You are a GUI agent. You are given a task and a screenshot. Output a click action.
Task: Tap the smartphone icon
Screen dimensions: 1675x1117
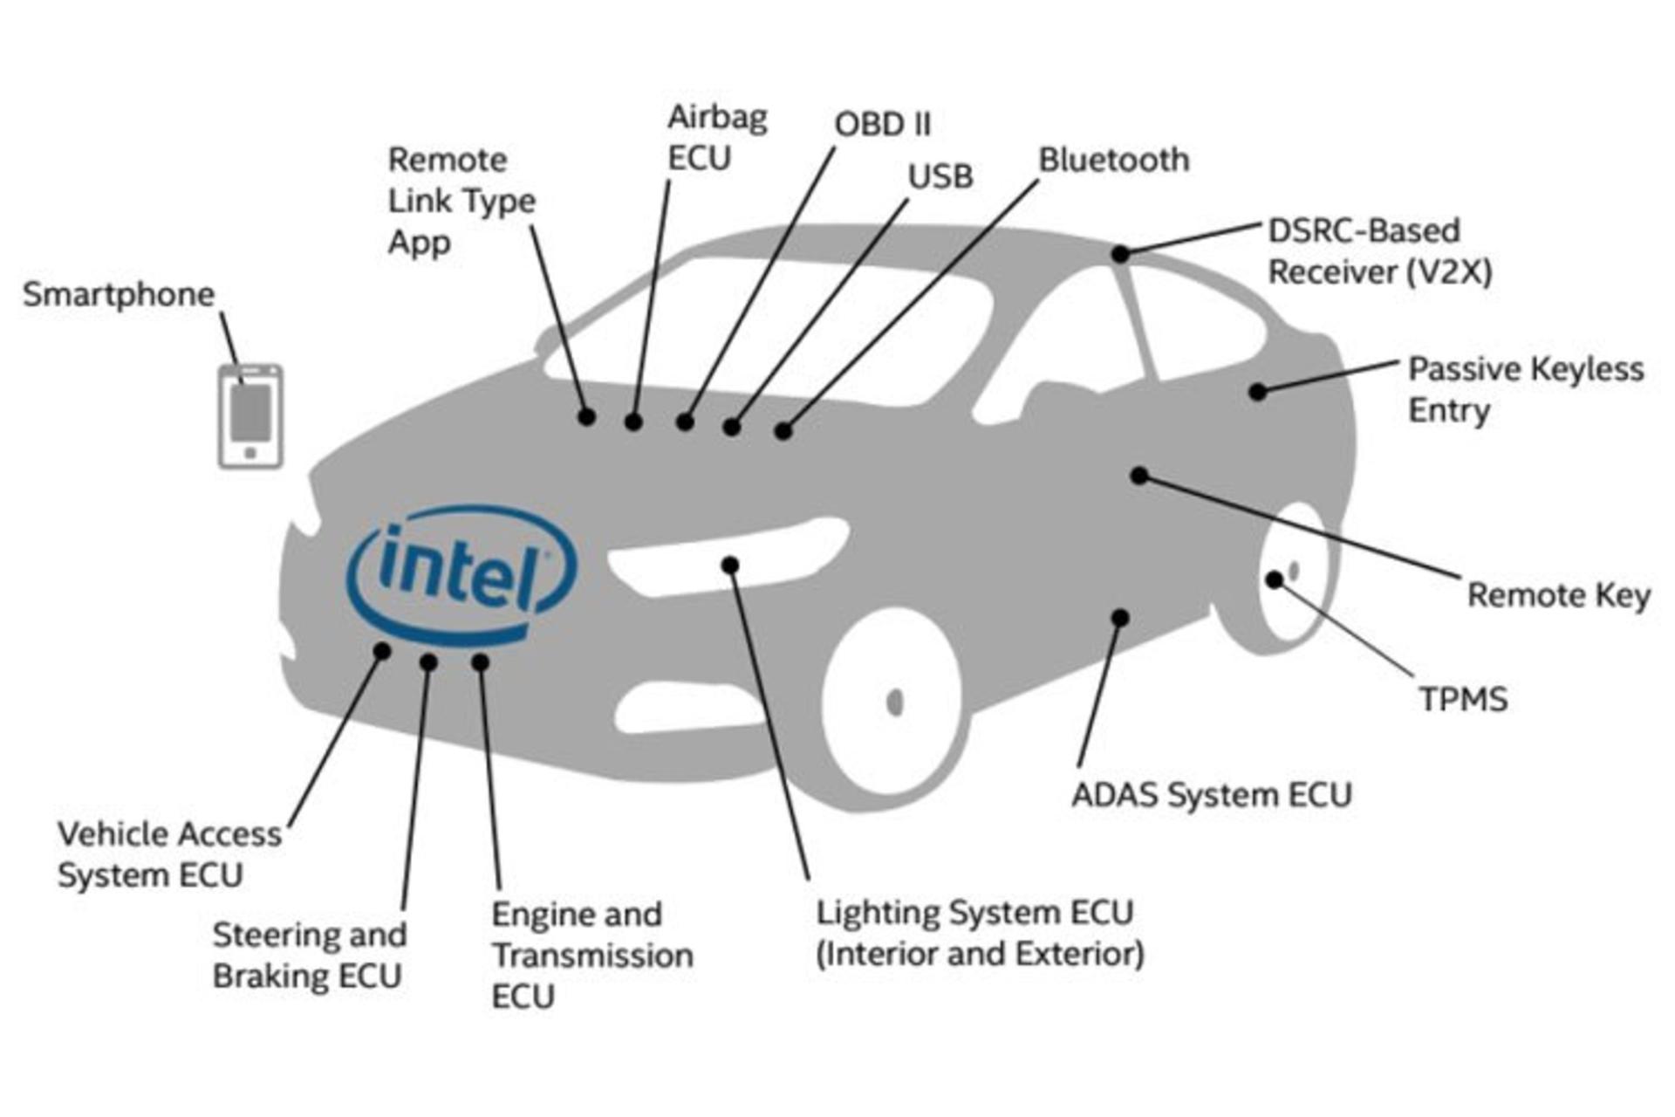click(250, 416)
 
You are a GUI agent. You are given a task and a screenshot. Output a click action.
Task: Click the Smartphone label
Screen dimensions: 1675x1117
click(119, 295)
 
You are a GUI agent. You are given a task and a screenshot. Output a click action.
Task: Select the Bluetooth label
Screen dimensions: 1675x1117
click(1113, 160)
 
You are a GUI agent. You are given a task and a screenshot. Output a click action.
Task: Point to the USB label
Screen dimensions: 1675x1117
click(940, 177)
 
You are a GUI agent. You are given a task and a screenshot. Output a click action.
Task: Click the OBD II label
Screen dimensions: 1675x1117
click(883, 124)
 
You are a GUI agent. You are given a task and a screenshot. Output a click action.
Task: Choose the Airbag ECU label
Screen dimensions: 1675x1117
click(717, 138)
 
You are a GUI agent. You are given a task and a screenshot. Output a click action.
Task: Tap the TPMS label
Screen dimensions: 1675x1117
click(1463, 699)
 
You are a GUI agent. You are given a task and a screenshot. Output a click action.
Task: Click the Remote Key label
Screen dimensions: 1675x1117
click(1559, 595)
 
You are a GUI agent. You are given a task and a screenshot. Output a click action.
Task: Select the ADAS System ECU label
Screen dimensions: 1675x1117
click(1212, 795)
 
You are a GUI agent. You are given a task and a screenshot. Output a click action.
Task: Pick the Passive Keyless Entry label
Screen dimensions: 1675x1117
click(1526, 389)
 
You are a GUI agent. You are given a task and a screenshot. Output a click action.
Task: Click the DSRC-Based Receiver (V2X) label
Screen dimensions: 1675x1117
click(1379, 251)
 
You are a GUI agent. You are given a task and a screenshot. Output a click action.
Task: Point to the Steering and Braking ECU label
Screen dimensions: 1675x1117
click(310, 955)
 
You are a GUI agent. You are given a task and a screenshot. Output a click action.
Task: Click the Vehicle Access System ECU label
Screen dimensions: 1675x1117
click(170, 854)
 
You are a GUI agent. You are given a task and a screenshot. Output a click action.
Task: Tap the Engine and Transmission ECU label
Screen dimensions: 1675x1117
click(592, 955)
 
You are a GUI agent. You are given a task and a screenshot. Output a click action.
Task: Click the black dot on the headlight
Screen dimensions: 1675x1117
click(730, 565)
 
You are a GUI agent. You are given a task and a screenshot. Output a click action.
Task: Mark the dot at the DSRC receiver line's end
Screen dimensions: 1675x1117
click(1121, 254)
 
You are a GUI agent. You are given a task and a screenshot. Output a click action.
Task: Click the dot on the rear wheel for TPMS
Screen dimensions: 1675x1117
click(1275, 579)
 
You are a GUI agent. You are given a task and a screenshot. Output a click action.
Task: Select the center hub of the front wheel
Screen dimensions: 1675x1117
click(894, 702)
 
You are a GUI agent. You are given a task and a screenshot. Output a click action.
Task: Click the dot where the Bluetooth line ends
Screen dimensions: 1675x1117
click(783, 430)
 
